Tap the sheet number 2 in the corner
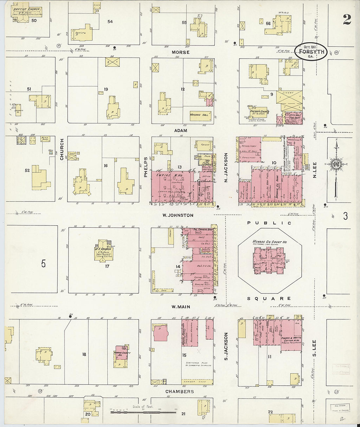tap(347, 20)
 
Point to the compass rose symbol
tap(336, 164)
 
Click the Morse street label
tap(181, 52)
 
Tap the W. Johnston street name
tap(178, 215)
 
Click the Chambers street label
tap(179, 392)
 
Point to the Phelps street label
tap(146, 167)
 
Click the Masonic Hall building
tap(200, 115)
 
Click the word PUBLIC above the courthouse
tap(269, 223)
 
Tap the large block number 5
tap(44, 264)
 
